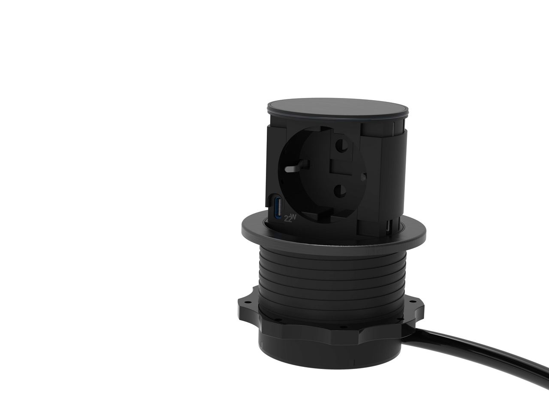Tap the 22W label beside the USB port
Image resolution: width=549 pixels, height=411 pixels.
[x=290, y=218]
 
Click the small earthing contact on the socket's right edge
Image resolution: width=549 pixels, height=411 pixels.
[x=363, y=177]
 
